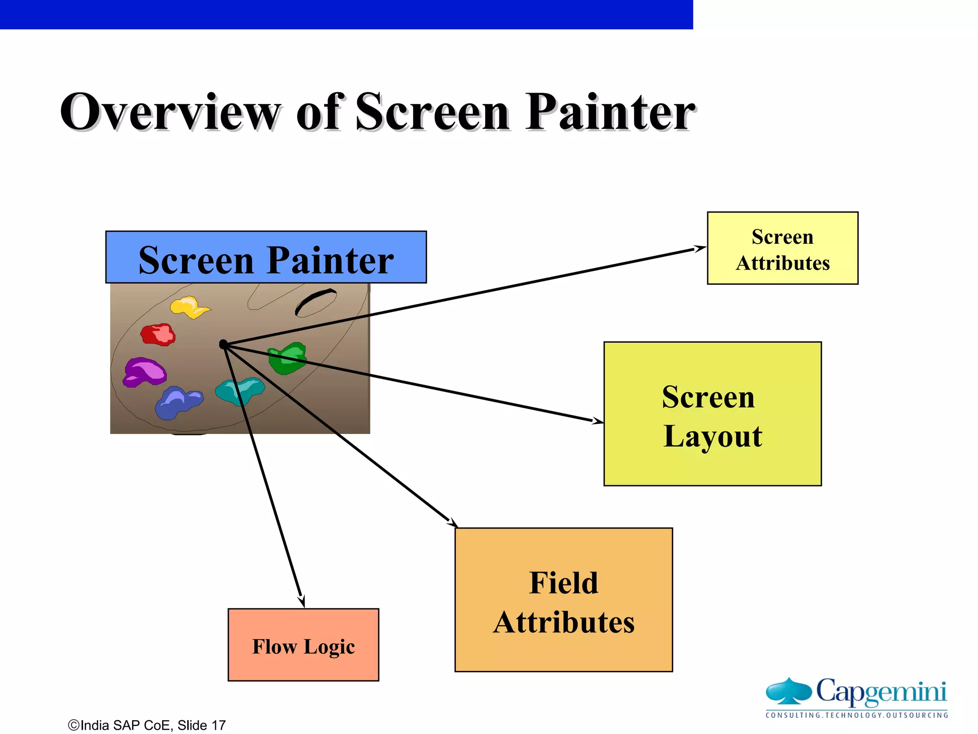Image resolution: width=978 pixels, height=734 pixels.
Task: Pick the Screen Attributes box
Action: coord(782,248)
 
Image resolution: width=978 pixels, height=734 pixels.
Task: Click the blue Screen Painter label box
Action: coord(266,258)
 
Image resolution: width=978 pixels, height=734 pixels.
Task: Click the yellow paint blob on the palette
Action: coord(189,307)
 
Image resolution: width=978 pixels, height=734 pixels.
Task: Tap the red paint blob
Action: coord(158,334)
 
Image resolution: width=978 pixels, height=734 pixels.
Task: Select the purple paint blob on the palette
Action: coord(144,372)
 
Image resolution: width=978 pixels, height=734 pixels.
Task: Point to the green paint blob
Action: coord(287,358)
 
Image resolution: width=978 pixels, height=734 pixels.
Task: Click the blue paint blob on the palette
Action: coord(178,402)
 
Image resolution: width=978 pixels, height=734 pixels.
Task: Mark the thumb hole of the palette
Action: coord(316,302)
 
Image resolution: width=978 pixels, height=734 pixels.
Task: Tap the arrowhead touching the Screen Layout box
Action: coord(597,421)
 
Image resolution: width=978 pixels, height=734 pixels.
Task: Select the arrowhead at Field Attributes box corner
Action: coord(452,522)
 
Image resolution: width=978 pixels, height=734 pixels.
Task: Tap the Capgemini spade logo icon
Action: coord(788,691)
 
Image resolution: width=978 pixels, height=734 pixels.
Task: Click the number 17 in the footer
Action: coord(219,725)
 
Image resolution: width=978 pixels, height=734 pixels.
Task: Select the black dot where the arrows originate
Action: coord(223,344)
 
